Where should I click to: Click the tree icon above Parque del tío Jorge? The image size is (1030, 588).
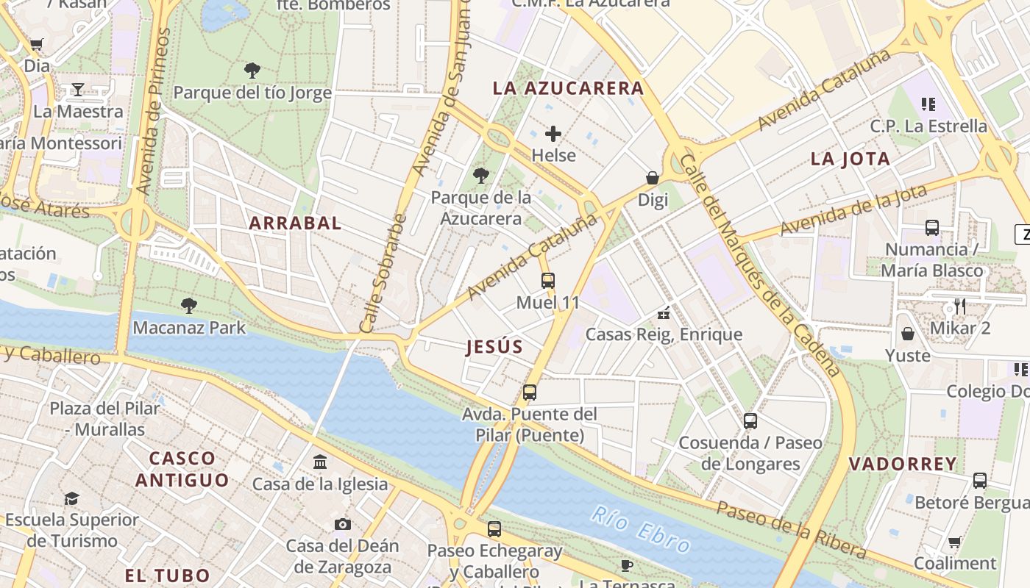(x=252, y=71)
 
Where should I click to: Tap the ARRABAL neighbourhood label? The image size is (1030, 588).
(x=295, y=223)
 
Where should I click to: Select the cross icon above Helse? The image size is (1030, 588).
(x=553, y=134)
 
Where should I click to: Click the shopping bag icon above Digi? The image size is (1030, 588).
(x=652, y=178)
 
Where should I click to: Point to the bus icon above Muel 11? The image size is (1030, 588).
(x=547, y=280)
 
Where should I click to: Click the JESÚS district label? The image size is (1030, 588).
(x=494, y=348)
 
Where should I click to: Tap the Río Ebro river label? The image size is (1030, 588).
(x=640, y=530)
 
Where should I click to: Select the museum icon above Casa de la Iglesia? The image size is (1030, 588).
(x=320, y=462)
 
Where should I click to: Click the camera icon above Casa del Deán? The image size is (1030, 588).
(x=342, y=524)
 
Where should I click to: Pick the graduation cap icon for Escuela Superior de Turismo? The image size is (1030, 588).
(x=71, y=498)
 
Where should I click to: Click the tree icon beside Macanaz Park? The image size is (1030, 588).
(x=188, y=305)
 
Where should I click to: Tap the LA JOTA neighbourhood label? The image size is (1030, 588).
(x=850, y=159)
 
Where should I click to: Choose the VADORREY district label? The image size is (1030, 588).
(x=903, y=464)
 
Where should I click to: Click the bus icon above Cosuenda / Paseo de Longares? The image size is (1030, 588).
(x=750, y=421)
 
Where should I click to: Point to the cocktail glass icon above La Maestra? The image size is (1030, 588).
(x=78, y=90)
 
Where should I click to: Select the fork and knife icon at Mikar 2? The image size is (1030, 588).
(x=959, y=306)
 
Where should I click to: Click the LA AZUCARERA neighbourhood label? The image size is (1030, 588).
(x=568, y=88)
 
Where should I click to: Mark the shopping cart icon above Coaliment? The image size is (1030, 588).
(x=954, y=542)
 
